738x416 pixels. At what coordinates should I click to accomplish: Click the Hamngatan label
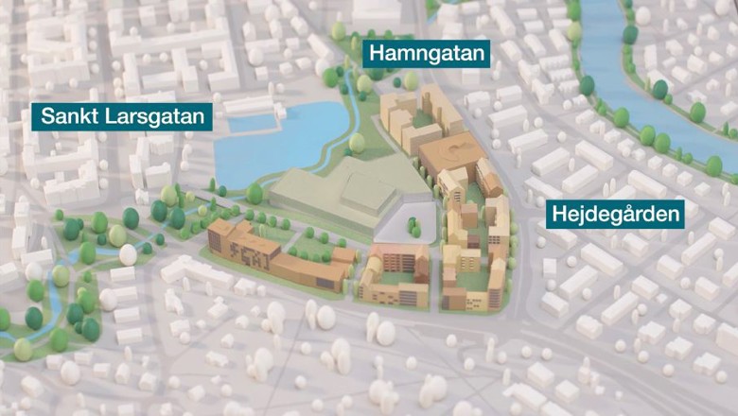[426, 54]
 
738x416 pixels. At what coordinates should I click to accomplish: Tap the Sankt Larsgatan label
[122, 117]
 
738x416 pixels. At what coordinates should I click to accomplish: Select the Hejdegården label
[618, 216]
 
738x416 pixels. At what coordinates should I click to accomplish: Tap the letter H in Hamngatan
[377, 54]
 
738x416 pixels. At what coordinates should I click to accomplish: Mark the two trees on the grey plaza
[414, 226]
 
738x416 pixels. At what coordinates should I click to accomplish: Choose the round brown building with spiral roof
[449, 151]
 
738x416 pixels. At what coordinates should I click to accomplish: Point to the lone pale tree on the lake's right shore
[357, 143]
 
